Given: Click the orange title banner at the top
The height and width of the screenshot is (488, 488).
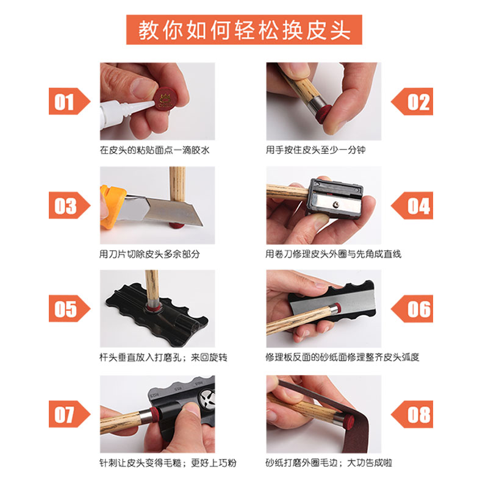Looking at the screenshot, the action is [244, 29].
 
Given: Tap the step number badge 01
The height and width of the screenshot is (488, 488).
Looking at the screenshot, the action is [69, 101].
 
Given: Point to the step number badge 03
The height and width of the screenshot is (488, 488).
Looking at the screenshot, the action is [69, 206].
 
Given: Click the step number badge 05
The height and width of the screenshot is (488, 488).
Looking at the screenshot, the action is [69, 309].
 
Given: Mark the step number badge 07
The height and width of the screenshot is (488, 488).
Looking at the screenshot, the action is [69, 414].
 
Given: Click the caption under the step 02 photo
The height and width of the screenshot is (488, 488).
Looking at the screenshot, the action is [315, 150].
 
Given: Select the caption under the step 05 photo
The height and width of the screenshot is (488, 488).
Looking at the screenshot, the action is [163, 357].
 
